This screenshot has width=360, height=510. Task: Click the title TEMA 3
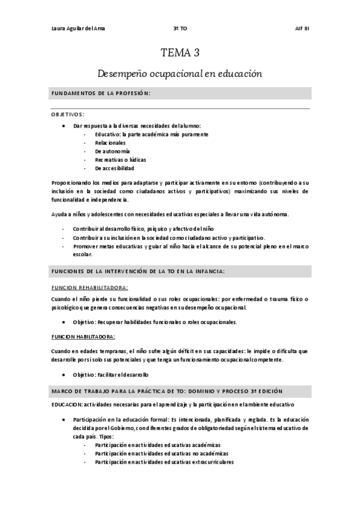180,52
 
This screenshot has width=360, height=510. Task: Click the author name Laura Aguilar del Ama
73,28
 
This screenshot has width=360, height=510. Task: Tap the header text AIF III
302,28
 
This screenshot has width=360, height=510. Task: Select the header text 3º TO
179,28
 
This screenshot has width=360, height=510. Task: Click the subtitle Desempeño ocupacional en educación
180,74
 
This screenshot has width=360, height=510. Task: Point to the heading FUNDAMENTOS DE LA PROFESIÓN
100,94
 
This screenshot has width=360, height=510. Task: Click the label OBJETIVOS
67,114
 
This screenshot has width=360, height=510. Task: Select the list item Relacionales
110,143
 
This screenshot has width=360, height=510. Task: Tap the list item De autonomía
112,152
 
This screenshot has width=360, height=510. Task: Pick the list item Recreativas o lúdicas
120,160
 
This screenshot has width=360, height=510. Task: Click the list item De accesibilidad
114,168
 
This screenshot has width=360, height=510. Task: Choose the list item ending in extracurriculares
160,462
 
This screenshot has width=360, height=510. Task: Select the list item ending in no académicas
157,453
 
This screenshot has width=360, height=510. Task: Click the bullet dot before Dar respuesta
64,126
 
